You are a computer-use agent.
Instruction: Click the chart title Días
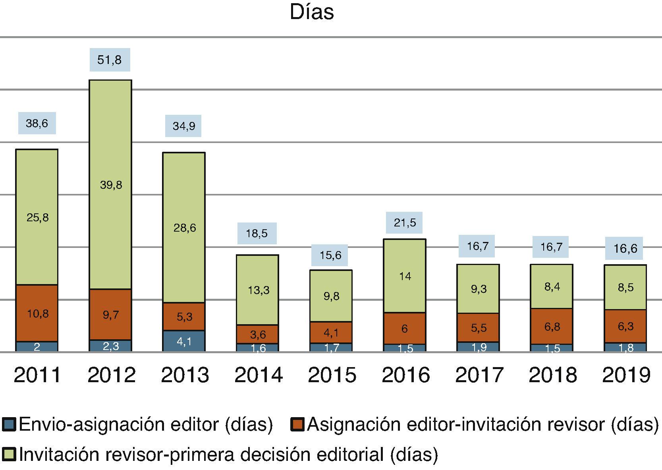tap(312, 12)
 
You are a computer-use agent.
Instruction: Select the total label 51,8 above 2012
tap(110, 60)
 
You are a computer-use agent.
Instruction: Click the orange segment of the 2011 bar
tap(37, 313)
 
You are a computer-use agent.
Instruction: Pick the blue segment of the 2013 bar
tap(184, 341)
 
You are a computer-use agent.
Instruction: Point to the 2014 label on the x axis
tap(259, 375)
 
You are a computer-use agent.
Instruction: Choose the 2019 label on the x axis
tap(626, 375)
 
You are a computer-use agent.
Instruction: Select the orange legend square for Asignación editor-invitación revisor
tap(297, 425)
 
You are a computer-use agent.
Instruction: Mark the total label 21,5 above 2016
tap(405, 222)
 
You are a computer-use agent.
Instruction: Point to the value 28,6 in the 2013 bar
tap(185, 228)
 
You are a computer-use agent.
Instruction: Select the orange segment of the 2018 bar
tap(552, 327)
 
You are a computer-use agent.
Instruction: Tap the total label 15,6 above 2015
tap(330, 255)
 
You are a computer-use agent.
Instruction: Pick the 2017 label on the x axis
tap(479, 375)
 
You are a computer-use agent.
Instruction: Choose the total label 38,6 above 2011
tap(37, 123)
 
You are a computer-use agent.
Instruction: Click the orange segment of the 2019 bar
tap(625, 326)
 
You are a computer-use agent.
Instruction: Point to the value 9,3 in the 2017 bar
tap(479, 289)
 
